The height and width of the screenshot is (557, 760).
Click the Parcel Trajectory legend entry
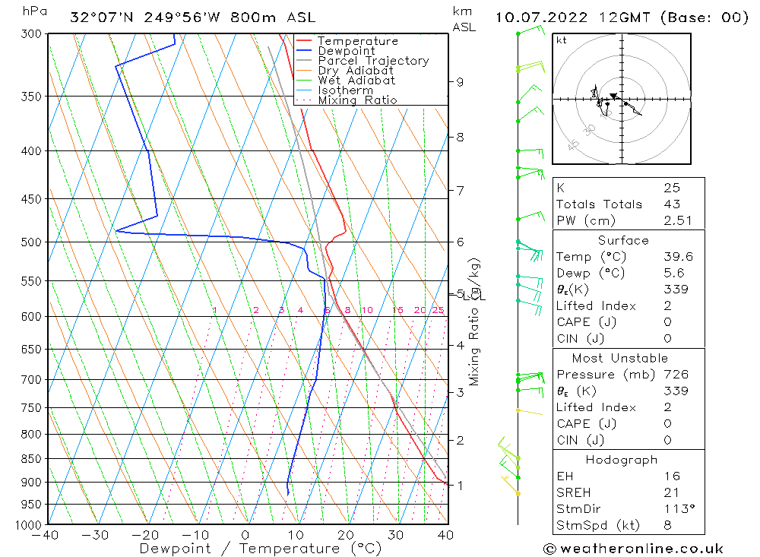point(373,61)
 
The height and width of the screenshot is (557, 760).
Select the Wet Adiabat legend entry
point(356,81)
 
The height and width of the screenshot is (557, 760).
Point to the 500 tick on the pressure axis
point(33,242)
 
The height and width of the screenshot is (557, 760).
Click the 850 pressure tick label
point(33,459)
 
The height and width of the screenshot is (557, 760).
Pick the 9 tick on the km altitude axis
point(460,82)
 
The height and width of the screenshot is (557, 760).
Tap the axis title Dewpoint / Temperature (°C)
point(261,549)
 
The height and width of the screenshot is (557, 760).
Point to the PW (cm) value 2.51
point(672,220)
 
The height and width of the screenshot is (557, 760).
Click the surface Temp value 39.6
point(672,257)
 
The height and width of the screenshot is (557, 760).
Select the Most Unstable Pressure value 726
point(675,375)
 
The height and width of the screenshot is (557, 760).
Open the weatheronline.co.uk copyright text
point(633,549)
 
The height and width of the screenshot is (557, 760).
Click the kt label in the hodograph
point(561,40)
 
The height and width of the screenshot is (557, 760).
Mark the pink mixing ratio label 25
point(438,310)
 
